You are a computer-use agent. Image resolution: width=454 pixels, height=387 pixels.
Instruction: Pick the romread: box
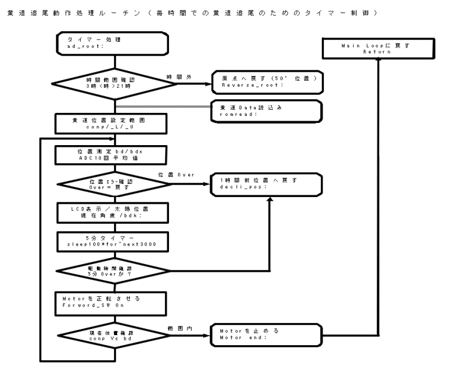click(266, 110)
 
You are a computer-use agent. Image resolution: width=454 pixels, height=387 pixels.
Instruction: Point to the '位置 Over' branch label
click(177, 174)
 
